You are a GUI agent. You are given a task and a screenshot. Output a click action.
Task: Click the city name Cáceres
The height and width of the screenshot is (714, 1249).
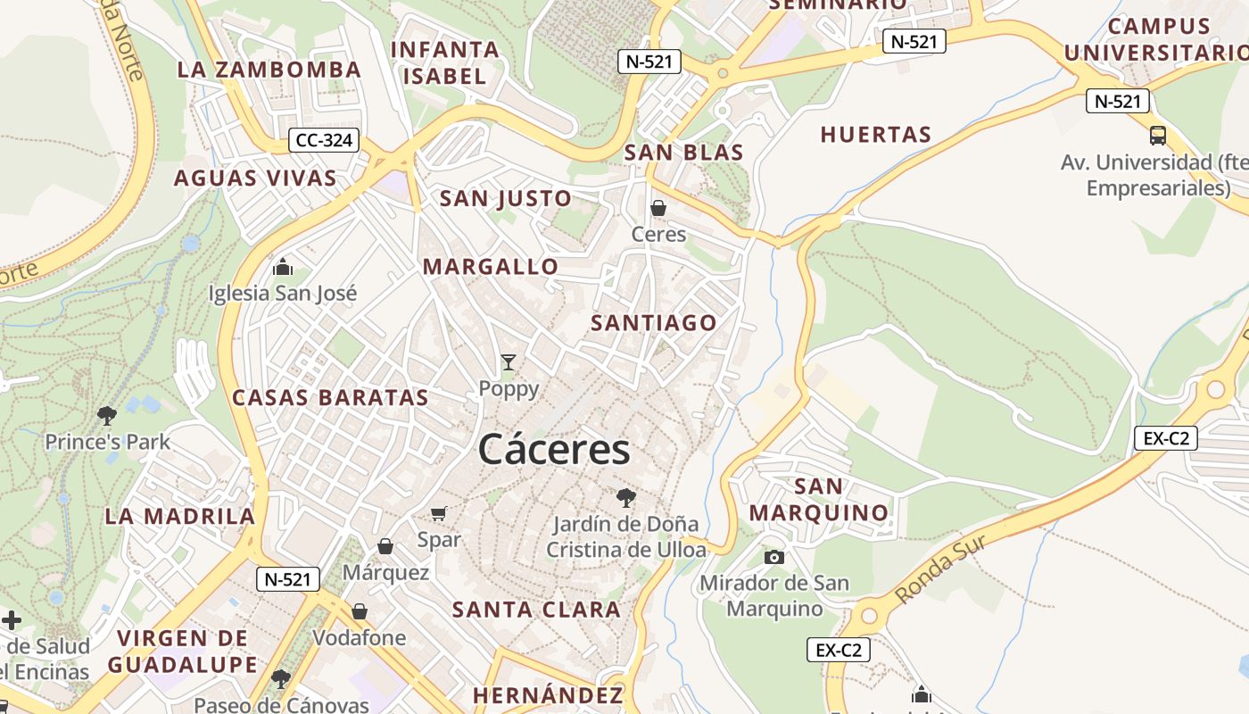554,449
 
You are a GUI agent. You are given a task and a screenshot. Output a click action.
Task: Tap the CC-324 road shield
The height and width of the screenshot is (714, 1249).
324,140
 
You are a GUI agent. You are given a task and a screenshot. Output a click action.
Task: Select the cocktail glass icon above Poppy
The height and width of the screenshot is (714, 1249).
509,362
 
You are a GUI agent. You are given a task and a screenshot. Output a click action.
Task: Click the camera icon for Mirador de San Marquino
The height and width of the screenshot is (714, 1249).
773,557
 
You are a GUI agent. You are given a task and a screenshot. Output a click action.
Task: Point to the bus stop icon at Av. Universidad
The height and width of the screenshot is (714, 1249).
1157,136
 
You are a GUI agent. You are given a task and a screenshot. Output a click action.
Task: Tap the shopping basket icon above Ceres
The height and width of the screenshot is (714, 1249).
658,209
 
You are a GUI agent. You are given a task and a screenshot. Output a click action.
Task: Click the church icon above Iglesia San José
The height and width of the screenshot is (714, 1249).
283,267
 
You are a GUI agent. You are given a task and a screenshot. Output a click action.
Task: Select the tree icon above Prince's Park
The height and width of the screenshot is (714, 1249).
107,415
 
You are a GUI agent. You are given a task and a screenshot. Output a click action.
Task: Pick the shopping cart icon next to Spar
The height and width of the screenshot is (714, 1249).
438,513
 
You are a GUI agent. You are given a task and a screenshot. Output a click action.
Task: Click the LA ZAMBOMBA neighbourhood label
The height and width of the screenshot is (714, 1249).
269,70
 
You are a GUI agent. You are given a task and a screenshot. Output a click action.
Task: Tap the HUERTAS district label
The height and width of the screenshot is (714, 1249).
876,135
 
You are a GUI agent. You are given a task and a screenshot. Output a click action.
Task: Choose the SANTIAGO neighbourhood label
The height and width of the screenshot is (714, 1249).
654,323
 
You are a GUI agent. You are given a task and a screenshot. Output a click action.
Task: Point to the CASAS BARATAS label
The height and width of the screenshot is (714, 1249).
330,398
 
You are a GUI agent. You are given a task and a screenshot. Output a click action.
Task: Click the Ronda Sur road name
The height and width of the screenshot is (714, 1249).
941,569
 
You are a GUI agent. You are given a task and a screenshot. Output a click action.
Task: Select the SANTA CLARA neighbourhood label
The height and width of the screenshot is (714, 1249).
536,610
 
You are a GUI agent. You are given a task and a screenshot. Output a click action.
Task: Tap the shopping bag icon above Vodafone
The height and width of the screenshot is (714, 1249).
360,611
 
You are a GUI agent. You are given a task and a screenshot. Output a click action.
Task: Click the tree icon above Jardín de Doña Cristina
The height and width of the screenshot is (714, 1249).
626,497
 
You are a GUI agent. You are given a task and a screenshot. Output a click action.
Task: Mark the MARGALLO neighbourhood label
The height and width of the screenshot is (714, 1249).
491,267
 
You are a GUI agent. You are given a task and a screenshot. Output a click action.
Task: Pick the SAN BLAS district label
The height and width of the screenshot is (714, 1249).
683,153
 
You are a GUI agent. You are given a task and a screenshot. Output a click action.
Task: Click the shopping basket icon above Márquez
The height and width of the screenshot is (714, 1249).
385,546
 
